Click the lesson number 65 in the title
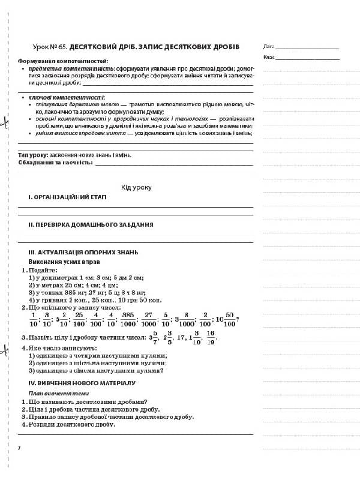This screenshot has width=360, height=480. [x=62, y=46]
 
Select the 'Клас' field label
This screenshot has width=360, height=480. [x=268, y=58]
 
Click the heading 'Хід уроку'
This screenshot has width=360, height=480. [x=136, y=187]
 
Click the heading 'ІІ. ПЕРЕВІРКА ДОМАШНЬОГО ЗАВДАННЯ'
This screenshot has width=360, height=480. [x=86, y=224]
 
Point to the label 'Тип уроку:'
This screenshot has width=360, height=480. [x=30, y=155]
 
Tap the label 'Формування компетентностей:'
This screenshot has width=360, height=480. [x=63, y=62]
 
